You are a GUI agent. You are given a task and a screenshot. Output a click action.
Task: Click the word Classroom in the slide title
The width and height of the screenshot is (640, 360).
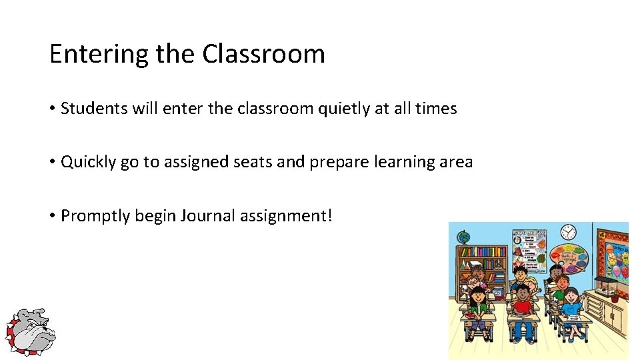pos(263,53)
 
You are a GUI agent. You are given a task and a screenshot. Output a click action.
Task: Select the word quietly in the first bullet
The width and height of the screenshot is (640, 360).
pos(340,109)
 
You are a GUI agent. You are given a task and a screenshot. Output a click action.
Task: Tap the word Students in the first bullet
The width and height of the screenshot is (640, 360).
pos(90,109)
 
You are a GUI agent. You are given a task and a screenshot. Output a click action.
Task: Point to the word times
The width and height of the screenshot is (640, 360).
pos(436,109)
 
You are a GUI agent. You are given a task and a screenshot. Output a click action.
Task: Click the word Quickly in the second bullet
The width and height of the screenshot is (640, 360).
pos(89,162)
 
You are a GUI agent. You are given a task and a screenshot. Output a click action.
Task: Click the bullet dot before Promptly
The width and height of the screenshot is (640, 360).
pos(53,216)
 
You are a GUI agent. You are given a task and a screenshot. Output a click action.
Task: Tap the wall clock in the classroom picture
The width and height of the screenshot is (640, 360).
pos(568,232)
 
